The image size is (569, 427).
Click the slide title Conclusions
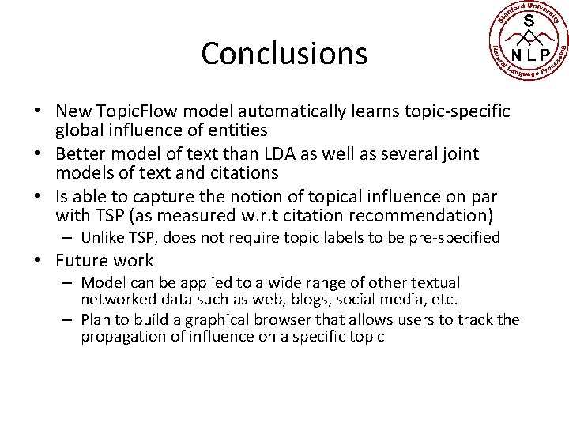coord(284,54)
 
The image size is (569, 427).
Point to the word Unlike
coord(101,236)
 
